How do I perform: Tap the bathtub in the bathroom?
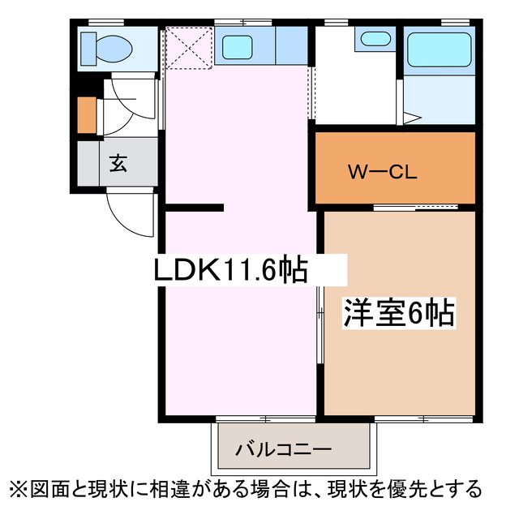pos(438,50)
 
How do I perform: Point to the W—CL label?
pos(382,172)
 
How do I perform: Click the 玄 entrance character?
pos(118,165)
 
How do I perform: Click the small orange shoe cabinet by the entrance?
pos(86,115)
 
